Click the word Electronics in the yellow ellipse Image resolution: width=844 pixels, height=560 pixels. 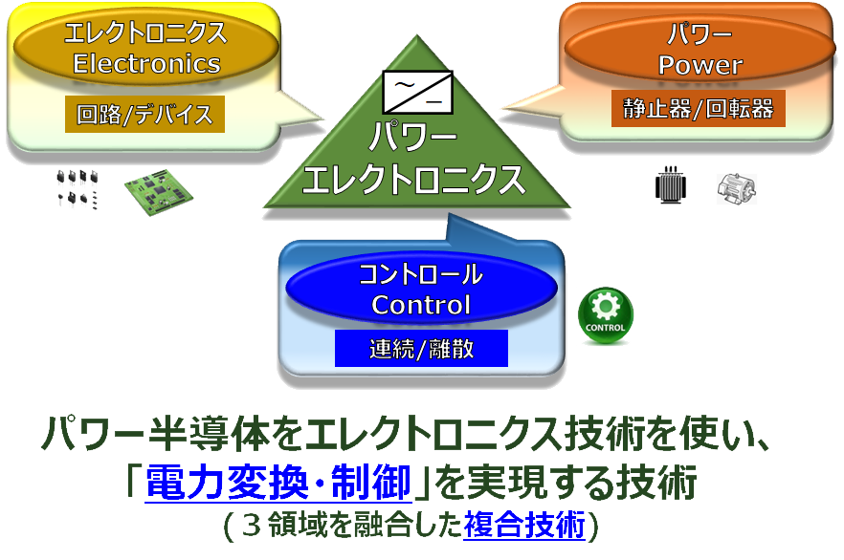146,64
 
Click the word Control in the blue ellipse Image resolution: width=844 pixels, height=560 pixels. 421,305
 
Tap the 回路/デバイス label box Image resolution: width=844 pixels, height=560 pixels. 145,115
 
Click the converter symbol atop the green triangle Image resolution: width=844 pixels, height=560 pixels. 418,93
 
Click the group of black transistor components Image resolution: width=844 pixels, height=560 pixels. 77,188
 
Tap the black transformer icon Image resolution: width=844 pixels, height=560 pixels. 672,185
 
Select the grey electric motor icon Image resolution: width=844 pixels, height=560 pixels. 737,187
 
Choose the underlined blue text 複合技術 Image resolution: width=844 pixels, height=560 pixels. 523,525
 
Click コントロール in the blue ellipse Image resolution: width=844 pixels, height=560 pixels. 421,277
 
